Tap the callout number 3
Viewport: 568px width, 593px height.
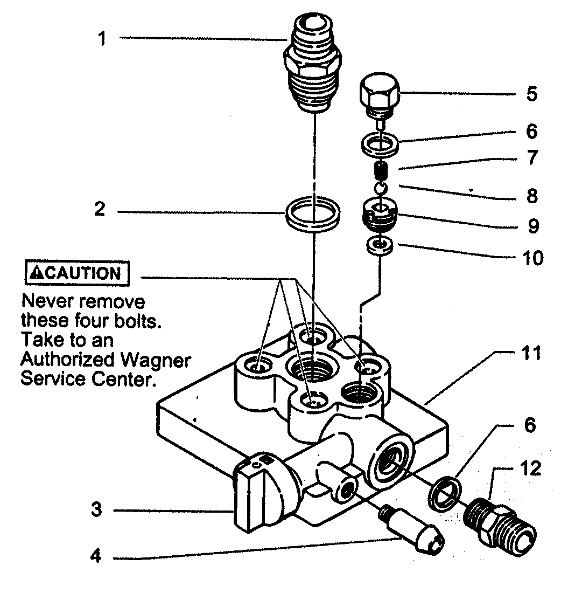click(96, 509)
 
